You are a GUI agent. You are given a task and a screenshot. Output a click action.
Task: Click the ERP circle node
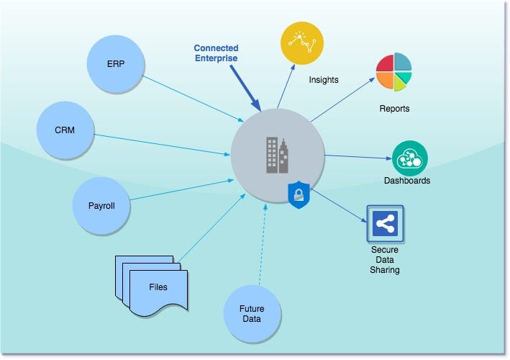tap(115, 63)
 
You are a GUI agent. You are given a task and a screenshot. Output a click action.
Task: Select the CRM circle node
tap(65, 130)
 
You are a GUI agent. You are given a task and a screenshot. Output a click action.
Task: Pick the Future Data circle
tap(252, 313)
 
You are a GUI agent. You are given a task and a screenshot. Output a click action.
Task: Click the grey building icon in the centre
tap(277, 156)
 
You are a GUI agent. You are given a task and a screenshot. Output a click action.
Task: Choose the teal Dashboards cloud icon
tap(410, 158)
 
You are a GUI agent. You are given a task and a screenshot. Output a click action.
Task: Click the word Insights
tap(324, 80)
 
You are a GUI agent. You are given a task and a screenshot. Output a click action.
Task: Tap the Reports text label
tap(394, 109)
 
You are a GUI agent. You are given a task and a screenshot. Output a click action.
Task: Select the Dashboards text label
tap(406, 181)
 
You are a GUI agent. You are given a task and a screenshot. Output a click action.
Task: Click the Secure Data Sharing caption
tap(385, 260)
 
